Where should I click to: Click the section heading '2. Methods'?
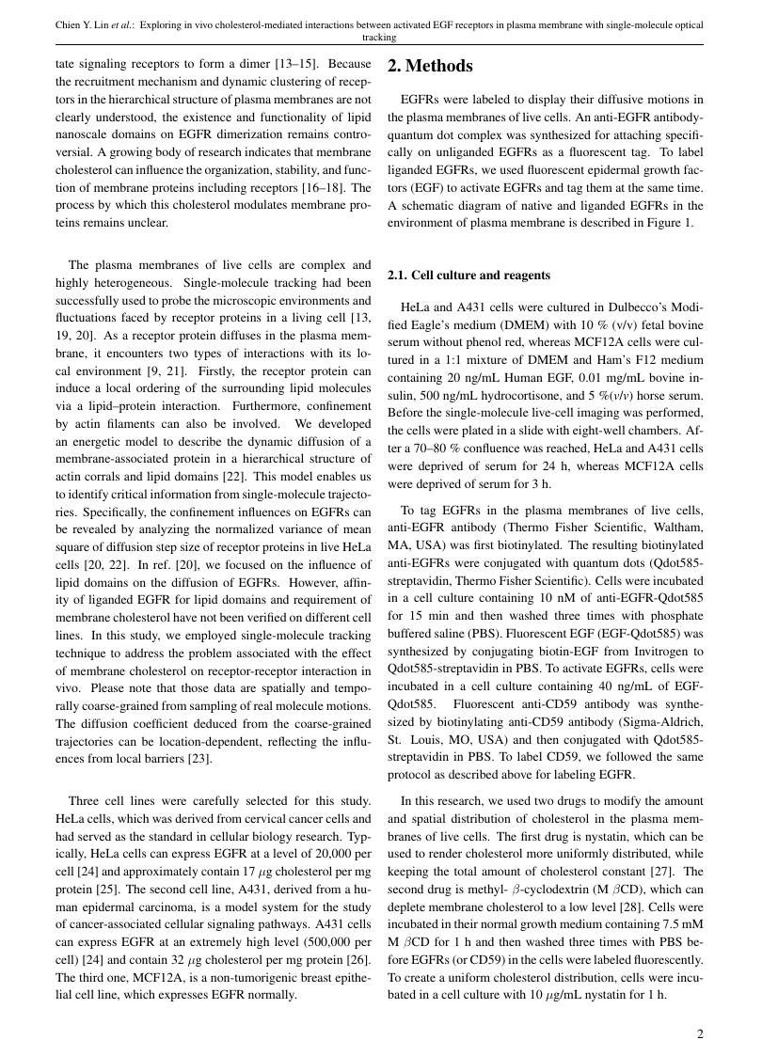click(430, 67)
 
